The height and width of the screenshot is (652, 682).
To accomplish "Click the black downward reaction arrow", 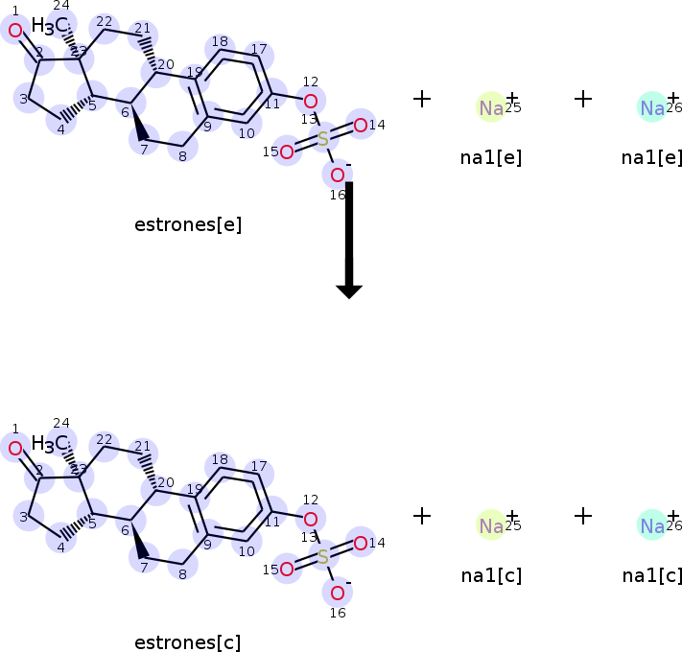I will coord(348,240).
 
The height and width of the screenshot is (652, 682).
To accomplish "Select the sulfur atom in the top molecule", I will coord(323,140).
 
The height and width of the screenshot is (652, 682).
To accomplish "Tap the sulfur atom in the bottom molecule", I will coord(323,557).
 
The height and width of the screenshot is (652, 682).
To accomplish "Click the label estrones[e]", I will coord(188,225).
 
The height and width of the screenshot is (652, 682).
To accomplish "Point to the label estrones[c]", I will coord(188,642).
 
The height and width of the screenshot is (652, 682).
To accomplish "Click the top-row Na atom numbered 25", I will coord(491,108).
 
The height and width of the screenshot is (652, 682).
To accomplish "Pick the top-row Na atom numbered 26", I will coord(652,108).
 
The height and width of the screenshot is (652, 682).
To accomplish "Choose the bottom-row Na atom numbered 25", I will coord(491,525).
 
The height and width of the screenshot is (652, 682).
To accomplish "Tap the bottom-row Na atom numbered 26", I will coord(652,525).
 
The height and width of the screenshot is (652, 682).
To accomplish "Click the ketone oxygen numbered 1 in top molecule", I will coord(15,31).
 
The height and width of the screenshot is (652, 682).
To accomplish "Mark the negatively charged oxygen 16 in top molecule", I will coord(338,175).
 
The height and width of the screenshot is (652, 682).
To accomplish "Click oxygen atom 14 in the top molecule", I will coord(360,125).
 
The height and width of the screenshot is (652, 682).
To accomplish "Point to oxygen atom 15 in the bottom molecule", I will coord(287,569).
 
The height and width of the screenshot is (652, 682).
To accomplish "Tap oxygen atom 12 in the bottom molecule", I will coord(310,519).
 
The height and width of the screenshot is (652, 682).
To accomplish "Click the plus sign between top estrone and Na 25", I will coord(422,99).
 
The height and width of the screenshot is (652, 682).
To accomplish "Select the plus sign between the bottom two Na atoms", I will coord(583,516).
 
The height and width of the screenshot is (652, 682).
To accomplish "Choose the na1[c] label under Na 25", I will coord(491,575).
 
